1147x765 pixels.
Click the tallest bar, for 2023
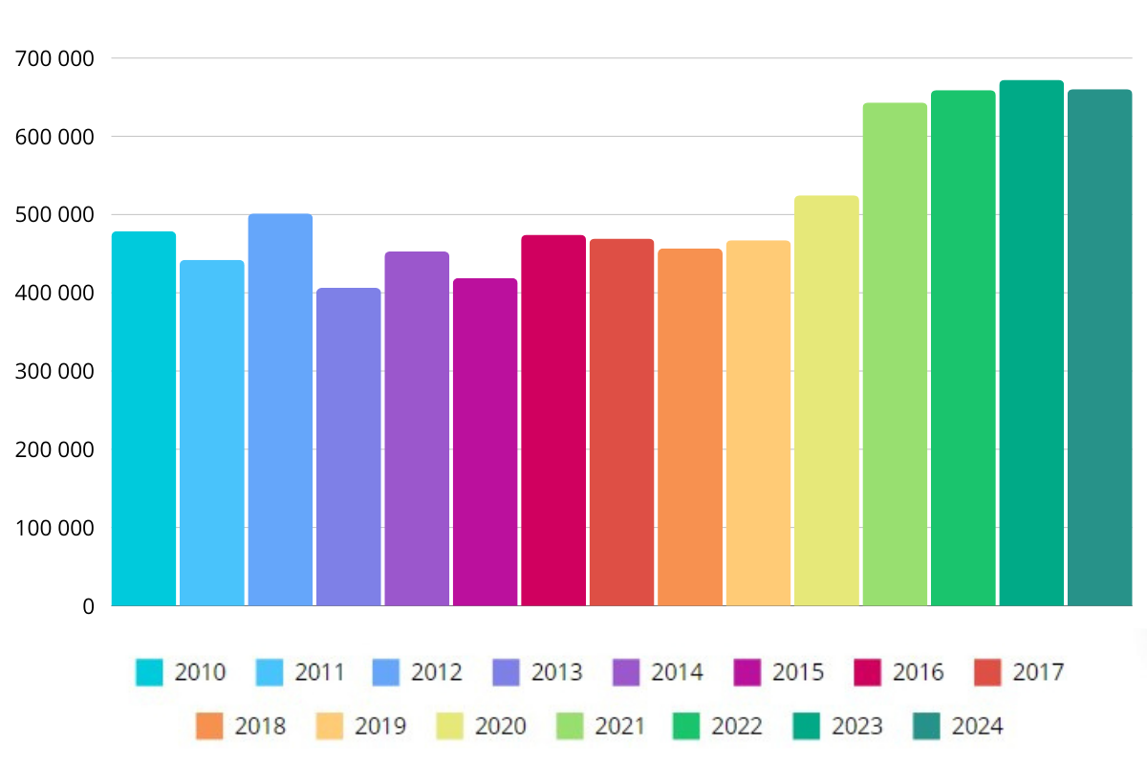point(1031,343)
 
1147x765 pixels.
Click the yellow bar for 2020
point(827,401)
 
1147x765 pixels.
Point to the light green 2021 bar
point(895,354)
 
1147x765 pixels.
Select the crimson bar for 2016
point(553,421)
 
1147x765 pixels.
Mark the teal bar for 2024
point(1099,348)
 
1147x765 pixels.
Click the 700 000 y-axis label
point(55,58)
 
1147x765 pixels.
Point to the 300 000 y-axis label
point(55,371)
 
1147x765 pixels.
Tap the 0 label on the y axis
point(88,606)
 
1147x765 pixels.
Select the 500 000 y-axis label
point(55,215)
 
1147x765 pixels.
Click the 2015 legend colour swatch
point(747,672)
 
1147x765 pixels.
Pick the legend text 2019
point(380,726)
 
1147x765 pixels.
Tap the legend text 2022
point(737,726)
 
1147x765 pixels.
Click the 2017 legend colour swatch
point(988,672)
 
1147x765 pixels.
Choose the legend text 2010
point(200,672)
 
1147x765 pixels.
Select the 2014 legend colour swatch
point(627,672)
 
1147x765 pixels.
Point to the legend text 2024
point(978,726)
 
